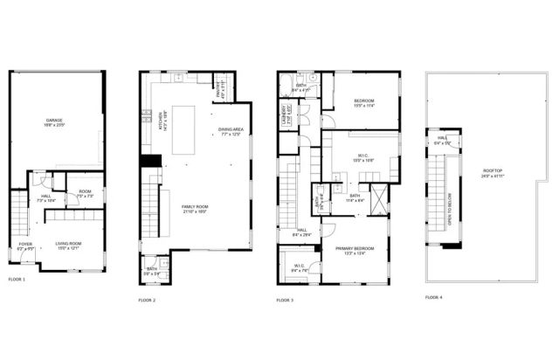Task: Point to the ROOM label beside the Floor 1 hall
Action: (x=85, y=193)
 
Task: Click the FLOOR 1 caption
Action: (x=17, y=279)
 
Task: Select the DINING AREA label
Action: (x=231, y=132)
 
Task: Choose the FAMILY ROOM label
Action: (x=195, y=208)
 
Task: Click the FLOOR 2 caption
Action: (x=147, y=300)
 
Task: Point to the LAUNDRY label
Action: (x=285, y=115)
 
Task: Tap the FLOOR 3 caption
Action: (x=285, y=300)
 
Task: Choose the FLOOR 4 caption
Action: (x=433, y=297)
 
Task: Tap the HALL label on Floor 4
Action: (x=441, y=139)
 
